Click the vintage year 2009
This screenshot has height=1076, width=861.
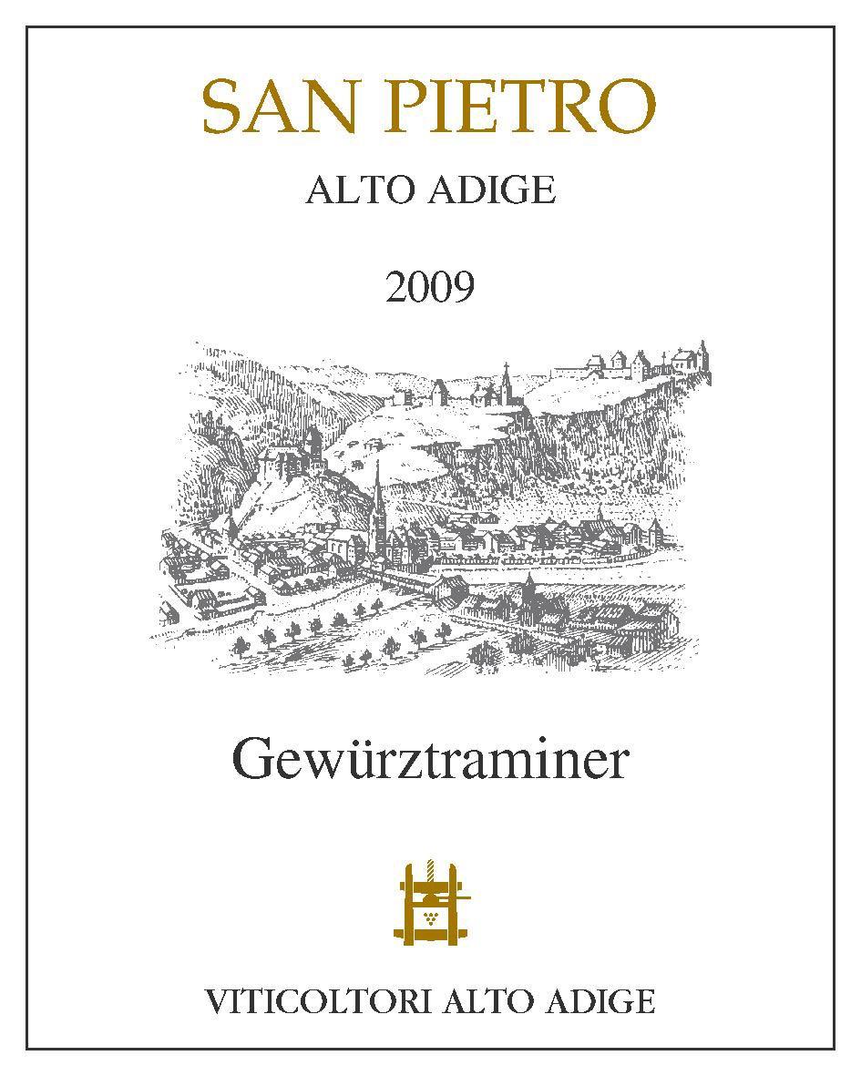point(430,288)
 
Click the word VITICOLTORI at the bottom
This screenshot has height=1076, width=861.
point(320,1003)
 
